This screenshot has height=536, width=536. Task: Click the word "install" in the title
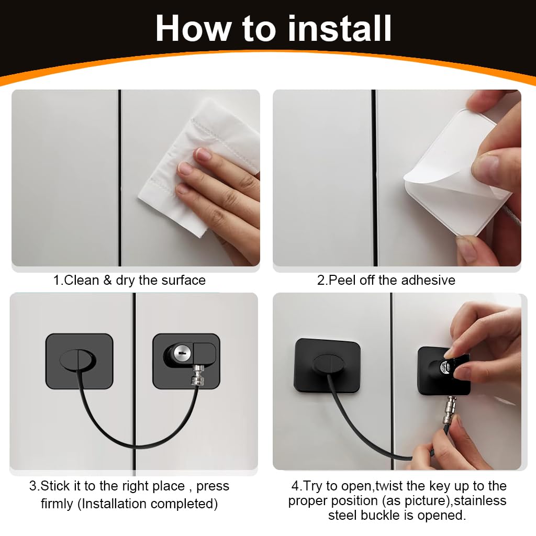tap(340, 28)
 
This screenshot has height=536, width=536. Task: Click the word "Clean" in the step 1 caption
tap(81, 280)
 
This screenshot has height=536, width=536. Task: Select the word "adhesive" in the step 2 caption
tap(428, 280)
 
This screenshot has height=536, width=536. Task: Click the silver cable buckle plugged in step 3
tap(198, 375)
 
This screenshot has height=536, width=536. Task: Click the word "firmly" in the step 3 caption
tap(57, 504)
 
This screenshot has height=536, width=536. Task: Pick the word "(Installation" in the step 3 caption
tap(113, 504)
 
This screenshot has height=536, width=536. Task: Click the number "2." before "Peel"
tap(322, 280)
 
